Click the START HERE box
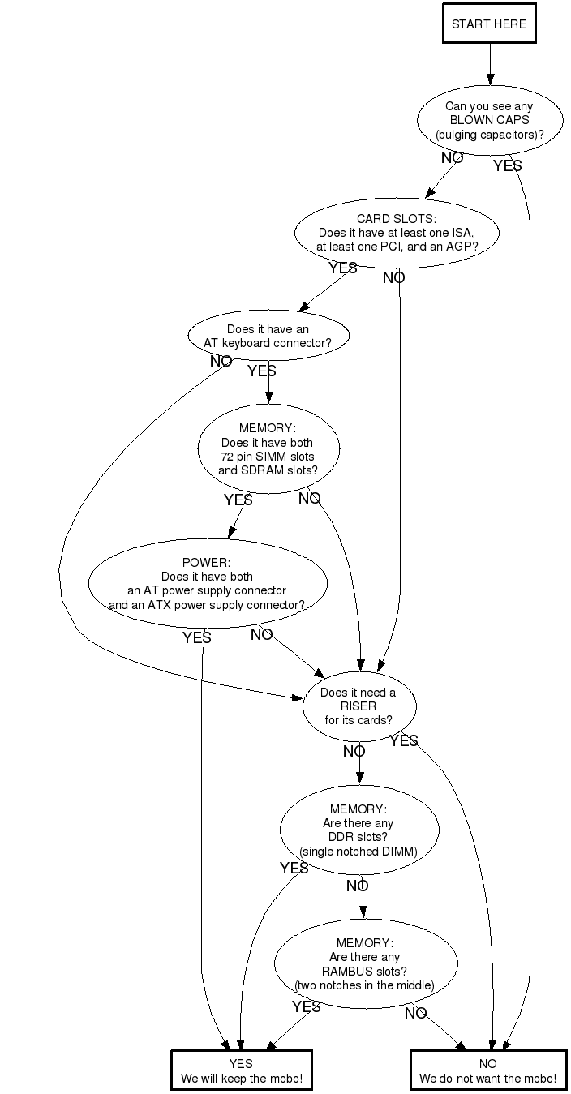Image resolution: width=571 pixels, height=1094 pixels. point(489,24)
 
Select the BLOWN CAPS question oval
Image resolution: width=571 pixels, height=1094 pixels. point(489,120)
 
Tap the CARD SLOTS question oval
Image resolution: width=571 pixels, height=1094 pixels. point(397,233)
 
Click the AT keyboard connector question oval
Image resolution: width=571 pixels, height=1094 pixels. point(268,336)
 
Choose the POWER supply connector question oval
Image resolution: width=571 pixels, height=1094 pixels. point(207,583)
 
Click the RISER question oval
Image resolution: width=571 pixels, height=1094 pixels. point(358,706)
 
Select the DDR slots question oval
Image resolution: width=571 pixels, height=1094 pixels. point(359,830)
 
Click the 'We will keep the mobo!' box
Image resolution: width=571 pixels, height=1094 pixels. point(241,1070)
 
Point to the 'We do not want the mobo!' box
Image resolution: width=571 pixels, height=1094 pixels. point(487,1070)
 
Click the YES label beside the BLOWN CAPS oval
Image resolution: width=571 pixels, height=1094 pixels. point(507,165)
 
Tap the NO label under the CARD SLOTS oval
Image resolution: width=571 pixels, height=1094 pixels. point(393,278)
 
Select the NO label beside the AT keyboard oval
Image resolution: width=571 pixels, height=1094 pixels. point(221,362)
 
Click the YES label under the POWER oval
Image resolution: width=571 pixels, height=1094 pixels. point(196,638)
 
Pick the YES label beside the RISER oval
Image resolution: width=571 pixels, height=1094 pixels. point(403,740)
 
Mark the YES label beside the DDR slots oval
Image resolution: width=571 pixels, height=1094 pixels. point(294,869)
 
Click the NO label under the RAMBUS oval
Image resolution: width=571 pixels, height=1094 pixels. point(415,1013)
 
